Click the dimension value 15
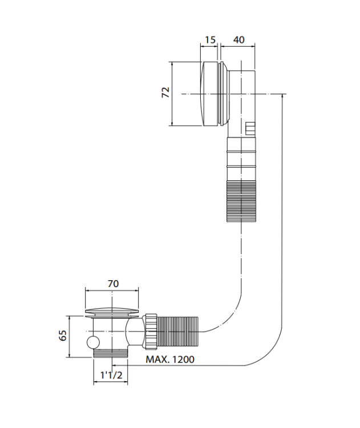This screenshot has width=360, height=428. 210,40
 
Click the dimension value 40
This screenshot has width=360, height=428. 239,40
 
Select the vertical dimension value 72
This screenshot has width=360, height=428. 165,92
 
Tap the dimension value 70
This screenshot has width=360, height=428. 113,284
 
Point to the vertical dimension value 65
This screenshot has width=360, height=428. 63,335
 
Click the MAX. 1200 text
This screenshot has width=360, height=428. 170,359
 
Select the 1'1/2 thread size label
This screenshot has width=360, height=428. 111,375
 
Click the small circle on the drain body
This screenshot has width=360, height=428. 94,342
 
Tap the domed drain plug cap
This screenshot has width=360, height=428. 112,310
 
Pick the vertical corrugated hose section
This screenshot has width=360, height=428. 241,201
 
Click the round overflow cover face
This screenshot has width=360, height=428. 210,94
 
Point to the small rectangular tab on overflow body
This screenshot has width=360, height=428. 250,128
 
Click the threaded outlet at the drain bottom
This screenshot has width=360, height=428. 111,353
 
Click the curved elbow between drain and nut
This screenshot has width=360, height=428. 135,332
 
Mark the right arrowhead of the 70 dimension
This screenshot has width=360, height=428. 136,291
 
